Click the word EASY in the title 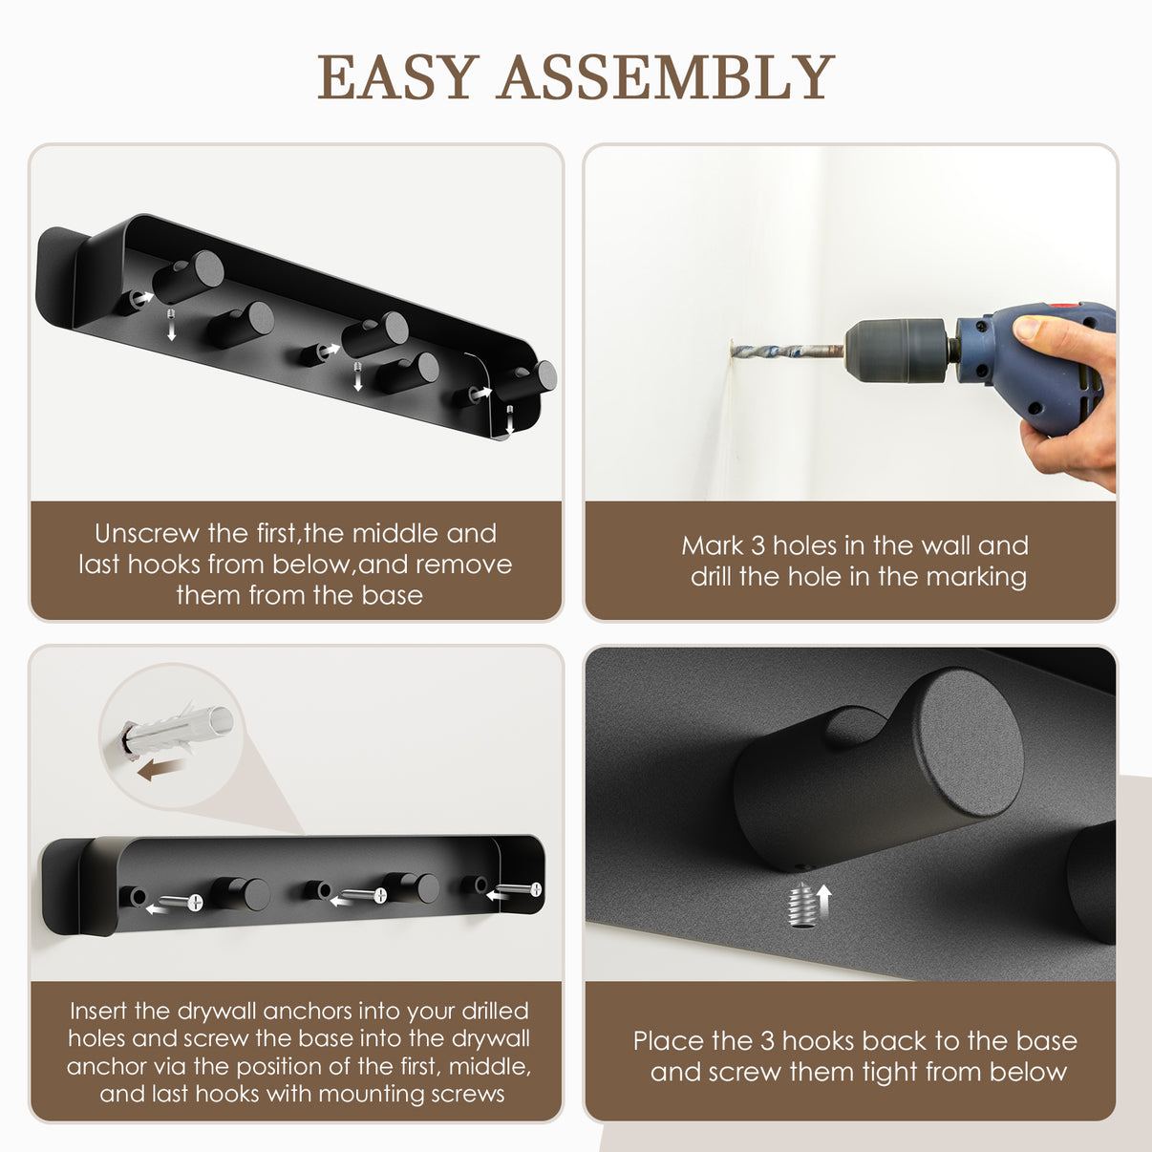point(398,76)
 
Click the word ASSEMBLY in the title point(666,76)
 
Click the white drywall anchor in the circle point(179,731)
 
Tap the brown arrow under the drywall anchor point(161,769)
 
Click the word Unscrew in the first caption point(146,533)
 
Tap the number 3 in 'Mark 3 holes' point(757,545)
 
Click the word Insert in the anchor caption point(98,1011)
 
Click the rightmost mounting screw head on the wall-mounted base point(536,889)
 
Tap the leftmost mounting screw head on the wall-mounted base point(196,902)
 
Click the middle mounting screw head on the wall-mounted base point(379,896)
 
